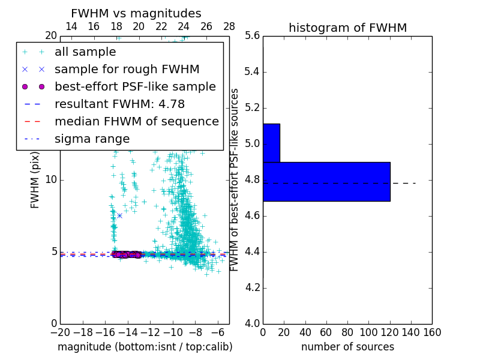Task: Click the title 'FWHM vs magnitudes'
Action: [136, 14]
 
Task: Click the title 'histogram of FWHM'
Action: [347, 28]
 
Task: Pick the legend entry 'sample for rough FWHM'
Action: [127, 69]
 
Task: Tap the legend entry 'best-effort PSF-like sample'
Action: [135, 86]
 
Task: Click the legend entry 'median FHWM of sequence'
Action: [136, 121]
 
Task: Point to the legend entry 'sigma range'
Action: [92, 139]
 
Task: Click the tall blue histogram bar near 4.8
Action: [326, 181]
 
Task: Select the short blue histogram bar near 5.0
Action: [271, 143]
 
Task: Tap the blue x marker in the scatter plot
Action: [119, 215]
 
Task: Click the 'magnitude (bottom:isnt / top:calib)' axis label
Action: [145, 347]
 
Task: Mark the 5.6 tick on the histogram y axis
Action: [253, 36]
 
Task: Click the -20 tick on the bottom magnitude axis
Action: [60, 332]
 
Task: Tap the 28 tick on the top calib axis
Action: [229, 26]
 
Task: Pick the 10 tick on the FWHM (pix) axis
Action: [51, 180]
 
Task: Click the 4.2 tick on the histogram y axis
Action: [253, 287]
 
